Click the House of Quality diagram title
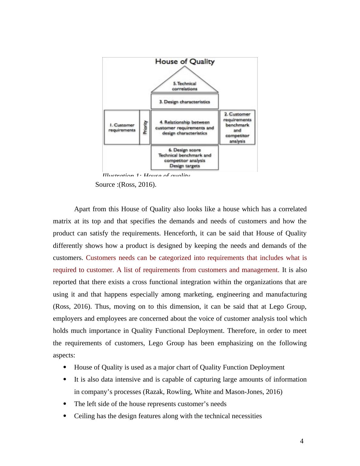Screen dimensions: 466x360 tap(185, 62)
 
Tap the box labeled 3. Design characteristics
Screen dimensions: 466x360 tap(185, 102)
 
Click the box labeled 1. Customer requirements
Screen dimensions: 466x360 tap(122, 127)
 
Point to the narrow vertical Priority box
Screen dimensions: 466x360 tap(145, 127)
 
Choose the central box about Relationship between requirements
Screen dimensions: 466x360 tap(185, 127)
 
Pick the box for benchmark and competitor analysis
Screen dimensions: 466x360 tap(237, 127)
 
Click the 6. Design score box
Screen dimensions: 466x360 tap(185, 158)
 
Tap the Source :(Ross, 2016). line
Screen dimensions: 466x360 tap(126, 185)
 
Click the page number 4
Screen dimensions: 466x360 tap(302, 441)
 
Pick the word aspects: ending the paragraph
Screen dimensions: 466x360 tap(64, 355)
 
